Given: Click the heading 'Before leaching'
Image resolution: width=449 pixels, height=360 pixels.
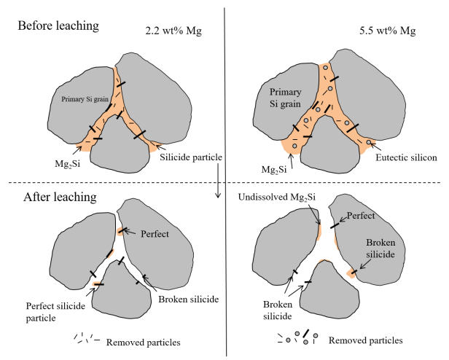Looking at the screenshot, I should pos(58,26).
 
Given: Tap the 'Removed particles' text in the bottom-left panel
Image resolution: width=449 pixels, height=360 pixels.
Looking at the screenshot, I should pos(143,341).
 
